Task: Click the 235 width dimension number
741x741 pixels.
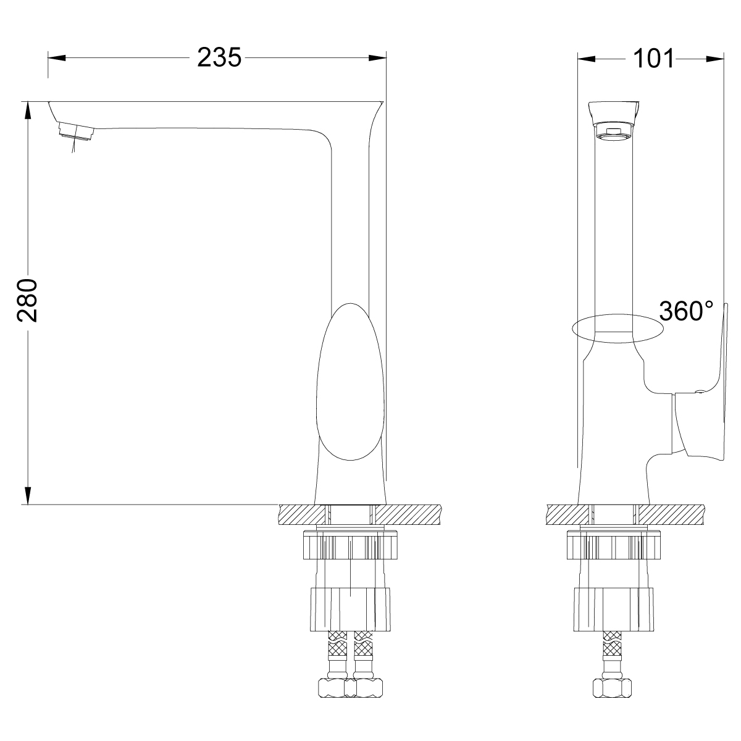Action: point(219,57)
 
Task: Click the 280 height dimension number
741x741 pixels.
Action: point(27,301)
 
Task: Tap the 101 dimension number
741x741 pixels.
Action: point(653,59)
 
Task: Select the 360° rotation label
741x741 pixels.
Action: point(686,311)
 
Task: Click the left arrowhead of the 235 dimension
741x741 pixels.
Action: point(57,57)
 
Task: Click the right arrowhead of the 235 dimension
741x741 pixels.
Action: point(377,57)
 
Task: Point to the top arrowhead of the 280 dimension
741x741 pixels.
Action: point(27,111)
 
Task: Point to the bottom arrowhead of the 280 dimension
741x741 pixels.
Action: point(27,495)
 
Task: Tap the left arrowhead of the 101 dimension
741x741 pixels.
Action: point(587,59)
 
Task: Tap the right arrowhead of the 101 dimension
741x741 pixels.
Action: point(715,59)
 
